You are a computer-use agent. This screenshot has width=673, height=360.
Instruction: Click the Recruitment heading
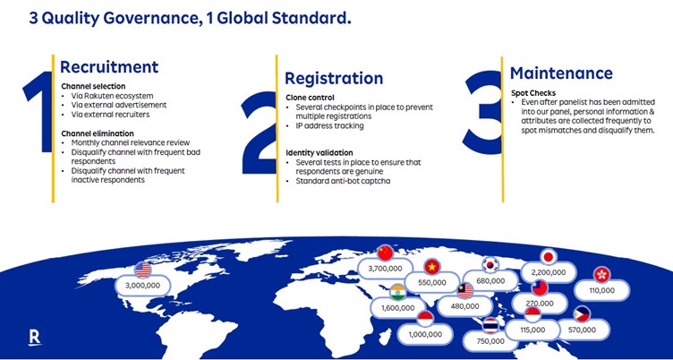pos(109,67)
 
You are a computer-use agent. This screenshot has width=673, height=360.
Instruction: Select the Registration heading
pos(334,79)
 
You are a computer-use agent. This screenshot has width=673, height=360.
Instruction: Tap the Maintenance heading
pos(561,73)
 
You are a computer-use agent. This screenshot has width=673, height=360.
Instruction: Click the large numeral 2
pos(259,133)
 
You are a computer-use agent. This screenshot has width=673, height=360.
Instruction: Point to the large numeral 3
pos(482,113)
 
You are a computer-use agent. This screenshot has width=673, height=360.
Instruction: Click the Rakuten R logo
pos(35,338)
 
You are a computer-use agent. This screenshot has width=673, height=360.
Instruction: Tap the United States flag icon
pos(142,270)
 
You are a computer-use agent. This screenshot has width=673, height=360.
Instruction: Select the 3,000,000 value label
pos(143,286)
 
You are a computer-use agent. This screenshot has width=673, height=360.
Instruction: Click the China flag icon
pos(385,253)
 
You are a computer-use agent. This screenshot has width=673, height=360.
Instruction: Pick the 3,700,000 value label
pos(386,269)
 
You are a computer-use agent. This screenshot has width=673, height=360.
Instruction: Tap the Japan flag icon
pos(548,257)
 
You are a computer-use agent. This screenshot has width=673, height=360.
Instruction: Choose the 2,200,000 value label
pos(549,272)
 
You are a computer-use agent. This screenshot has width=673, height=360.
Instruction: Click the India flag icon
pos(398,292)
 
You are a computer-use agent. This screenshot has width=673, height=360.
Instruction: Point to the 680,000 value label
pos(490,281)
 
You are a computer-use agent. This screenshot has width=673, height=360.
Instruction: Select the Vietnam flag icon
pos(431,267)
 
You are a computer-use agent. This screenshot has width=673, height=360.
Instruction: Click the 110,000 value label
pos(601,290)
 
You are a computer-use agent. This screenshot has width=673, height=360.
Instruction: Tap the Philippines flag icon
pos(582,314)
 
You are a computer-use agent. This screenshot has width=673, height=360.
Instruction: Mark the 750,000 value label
pos(490,341)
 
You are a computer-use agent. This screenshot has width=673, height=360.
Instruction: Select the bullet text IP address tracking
pos(329,126)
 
